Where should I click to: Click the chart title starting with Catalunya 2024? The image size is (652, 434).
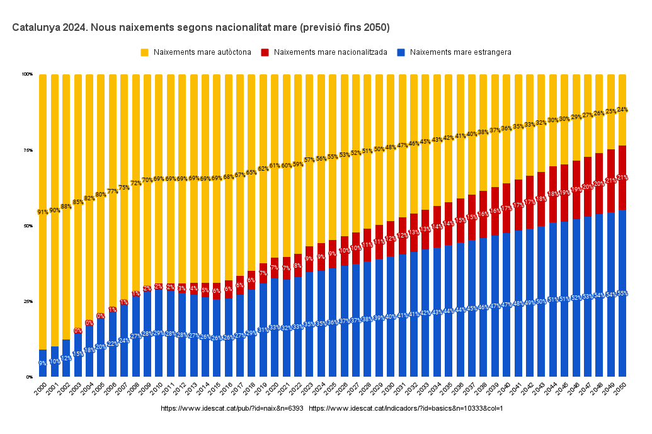(201, 28)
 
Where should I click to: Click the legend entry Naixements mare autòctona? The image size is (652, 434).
(202, 52)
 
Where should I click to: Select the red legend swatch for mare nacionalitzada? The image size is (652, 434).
(265, 52)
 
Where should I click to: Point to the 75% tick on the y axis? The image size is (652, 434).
(28, 150)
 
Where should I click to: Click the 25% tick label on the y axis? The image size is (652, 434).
(28, 301)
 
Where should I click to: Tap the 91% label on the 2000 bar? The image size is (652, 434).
(43, 212)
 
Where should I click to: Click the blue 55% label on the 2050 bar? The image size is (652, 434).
(622, 294)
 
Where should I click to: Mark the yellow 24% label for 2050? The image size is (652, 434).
(622, 110)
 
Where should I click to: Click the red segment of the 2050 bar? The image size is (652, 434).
(622, 189)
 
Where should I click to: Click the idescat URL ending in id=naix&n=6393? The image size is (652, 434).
(232, 409)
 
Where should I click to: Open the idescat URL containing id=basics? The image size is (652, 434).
(406, 409)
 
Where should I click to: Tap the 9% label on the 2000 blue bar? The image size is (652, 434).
(43, 363)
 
